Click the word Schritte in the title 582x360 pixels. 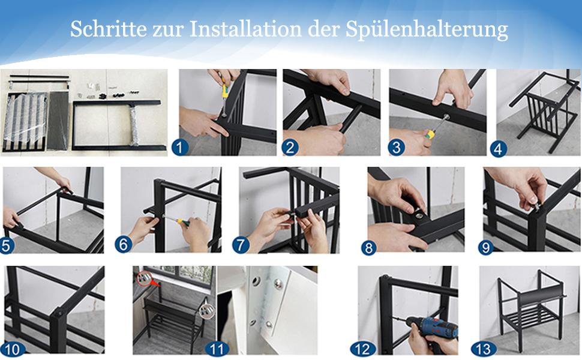click(109, 29)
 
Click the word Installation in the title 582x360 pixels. click(245, 29)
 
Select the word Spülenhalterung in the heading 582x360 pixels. click(427, 29)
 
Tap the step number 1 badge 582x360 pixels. click(180, 148)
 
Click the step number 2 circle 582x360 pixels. click(290, 148)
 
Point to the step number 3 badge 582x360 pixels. click(397, 148)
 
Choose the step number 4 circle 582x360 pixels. click(498, 149)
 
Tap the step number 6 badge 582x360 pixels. click(123, 245)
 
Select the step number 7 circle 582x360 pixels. click(241, 245)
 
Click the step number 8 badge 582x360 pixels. click(368, 248)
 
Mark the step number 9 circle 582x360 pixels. click(486, 248)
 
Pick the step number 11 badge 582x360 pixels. click(217, 349)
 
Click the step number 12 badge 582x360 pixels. click(362, 349)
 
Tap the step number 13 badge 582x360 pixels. click(483, 349)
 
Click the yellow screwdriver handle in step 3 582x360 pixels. click(430, 134)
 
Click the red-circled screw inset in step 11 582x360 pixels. click(144, 278)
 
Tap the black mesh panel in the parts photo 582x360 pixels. click(58, 121)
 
